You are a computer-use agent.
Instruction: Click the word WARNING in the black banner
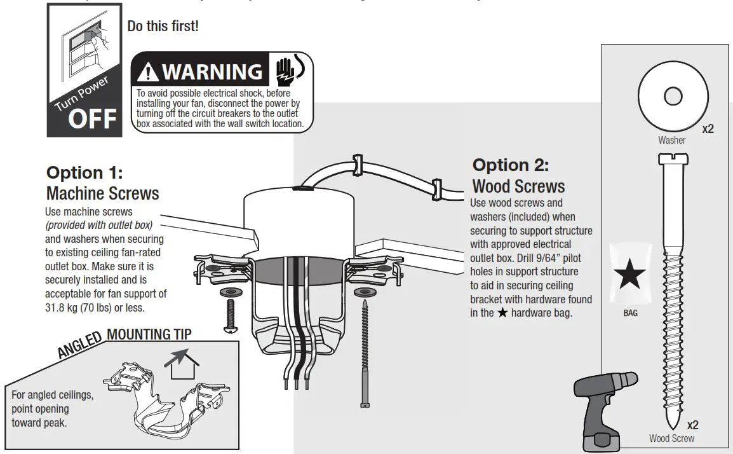[212, 71]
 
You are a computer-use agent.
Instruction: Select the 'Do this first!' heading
[163, 27]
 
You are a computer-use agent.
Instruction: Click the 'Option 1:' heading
[84, 173]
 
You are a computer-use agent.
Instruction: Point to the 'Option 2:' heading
[511, 165]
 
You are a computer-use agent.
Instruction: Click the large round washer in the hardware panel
[672, 97]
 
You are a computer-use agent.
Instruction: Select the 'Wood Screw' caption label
[671, 438]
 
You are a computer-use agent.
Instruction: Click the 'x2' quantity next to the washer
[708, 129]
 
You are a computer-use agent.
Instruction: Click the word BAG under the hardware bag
[629, 313]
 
